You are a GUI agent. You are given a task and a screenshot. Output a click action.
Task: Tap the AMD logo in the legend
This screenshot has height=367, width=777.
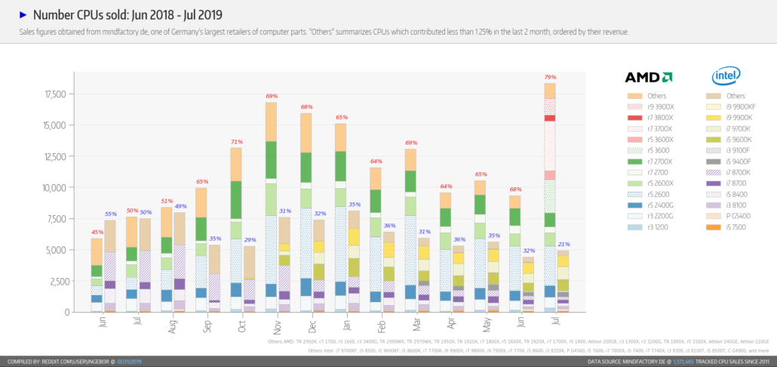(648, 77)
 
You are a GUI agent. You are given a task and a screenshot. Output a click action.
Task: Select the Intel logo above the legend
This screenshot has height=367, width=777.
(726, 76)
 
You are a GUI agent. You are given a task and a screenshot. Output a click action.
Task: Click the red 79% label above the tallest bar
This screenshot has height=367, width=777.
(550, 77)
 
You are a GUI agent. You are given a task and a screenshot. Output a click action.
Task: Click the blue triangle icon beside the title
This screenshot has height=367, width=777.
(23, 14)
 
